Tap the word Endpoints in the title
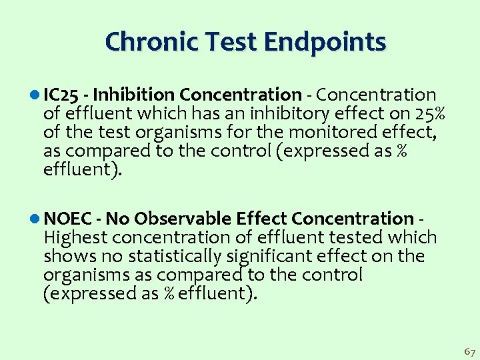(325, 42)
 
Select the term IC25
(63, 95)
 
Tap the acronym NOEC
(69, 219)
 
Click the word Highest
(76, 237)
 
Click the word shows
(67, 256)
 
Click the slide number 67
(469, 351)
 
